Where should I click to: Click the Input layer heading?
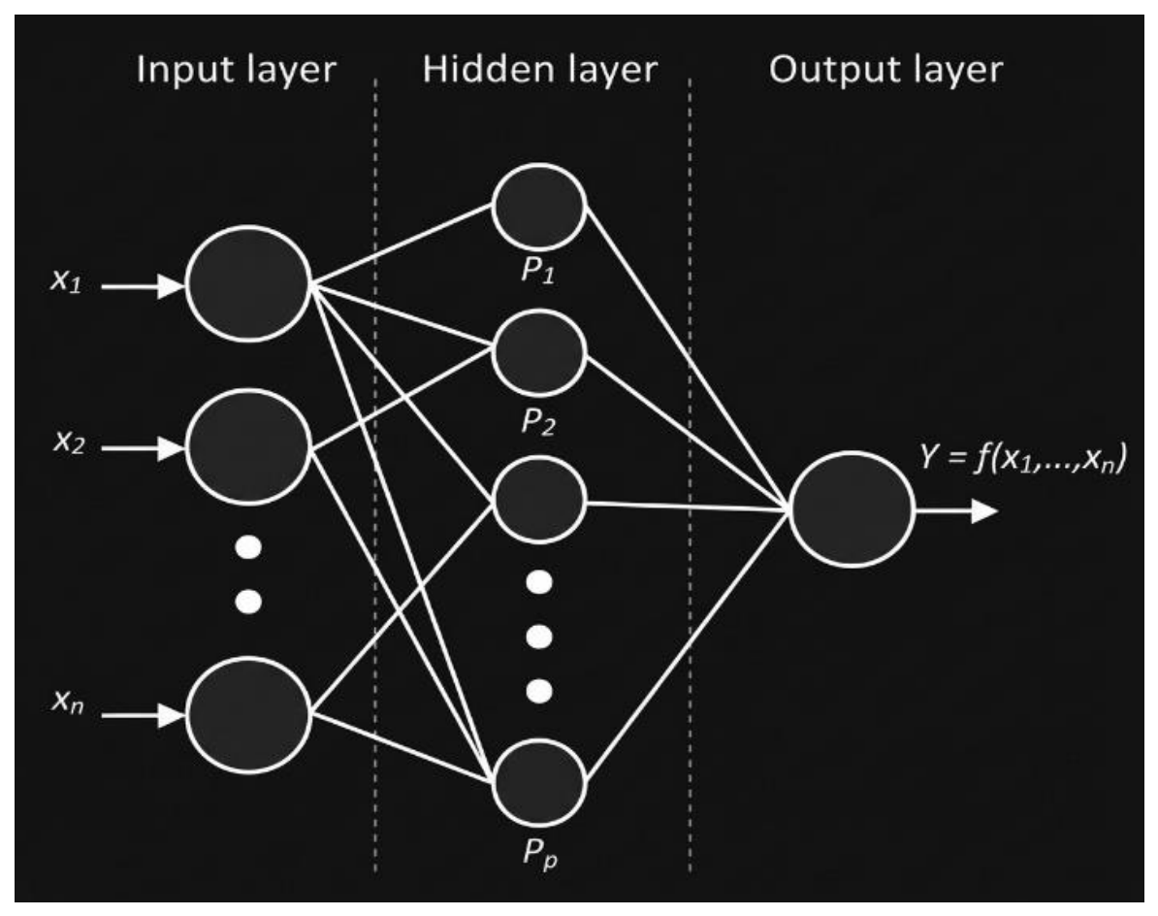pyautogui.click(x=237, y=71)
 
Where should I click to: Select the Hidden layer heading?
pyautogui.click(x=540, y=71)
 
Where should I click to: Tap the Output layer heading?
pyautogui.click(x=885, y=71)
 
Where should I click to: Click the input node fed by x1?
pyautogui.click(x=248, y=283)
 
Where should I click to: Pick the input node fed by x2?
pyautogui.click(x=248, y=447)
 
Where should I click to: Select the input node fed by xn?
pyautogui.click(x=248, y=715)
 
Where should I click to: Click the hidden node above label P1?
pyautogui.click(x=539, y=207)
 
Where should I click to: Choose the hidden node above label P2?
pyautogui.click(x=539, y=353)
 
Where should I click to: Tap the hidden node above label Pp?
pyautogui.click(x=539, y=782)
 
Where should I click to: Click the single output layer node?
pyautogui.click(x=852, y=509)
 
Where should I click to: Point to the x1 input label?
pyautogui.click(x=66, y=280)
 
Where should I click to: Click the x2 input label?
pyautogui.click(x=69, y=442)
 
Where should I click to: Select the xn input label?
pyautogui.click(x=68, y=700)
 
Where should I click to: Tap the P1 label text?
pyautogui.click(x=537, y=271)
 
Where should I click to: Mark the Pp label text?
pyautogui.click(x=540, y=854)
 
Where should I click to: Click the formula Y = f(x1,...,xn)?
pyautogui.click(x=1023, y=457)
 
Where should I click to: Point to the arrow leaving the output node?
pyautogui.click(x=956, y=510)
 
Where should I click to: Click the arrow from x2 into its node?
pyautogui.click(x=143, y=448)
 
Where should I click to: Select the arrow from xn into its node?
pyautogui.click(x=143, y=715)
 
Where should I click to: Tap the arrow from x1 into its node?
pyautogui.click(x=143, y=286)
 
